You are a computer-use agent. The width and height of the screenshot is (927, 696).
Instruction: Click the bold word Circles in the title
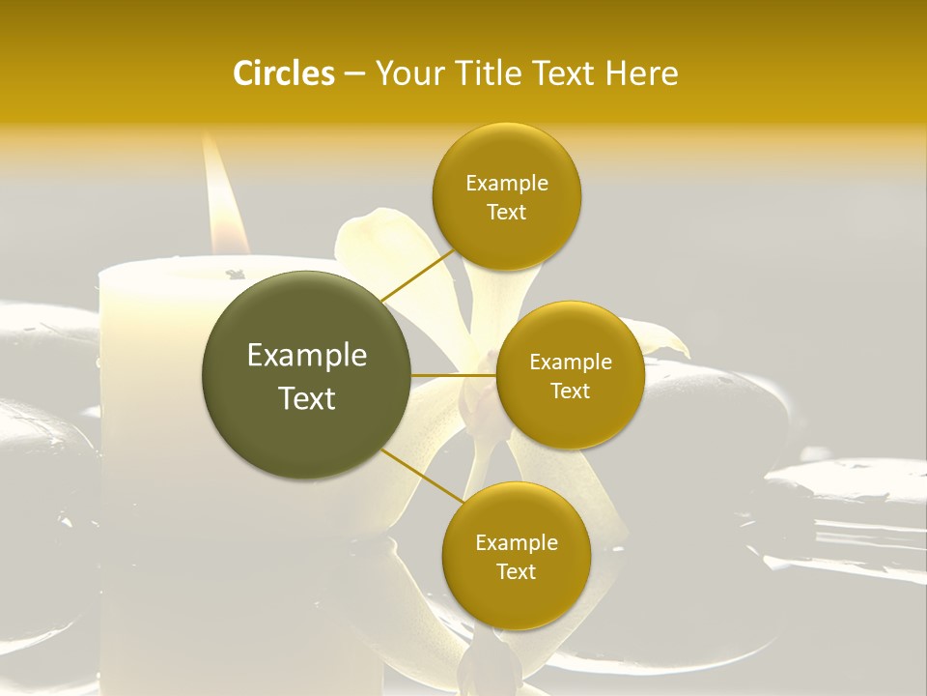283,73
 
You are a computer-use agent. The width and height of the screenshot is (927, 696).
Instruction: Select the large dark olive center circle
307,375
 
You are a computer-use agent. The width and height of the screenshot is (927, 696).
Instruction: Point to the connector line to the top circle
417,274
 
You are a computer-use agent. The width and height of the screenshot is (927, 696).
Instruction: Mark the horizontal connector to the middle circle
454,375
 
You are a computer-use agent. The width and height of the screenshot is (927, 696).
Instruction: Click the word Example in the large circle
307,356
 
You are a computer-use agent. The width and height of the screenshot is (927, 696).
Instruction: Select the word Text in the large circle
307,398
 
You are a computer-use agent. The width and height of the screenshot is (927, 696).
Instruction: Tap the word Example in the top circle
506,184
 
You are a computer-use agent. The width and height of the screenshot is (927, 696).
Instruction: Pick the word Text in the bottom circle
516,571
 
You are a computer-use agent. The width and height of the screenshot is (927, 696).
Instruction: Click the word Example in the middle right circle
570,362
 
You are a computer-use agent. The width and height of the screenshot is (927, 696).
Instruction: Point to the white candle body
154,387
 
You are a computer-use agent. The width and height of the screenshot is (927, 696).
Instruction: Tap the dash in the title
353,74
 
